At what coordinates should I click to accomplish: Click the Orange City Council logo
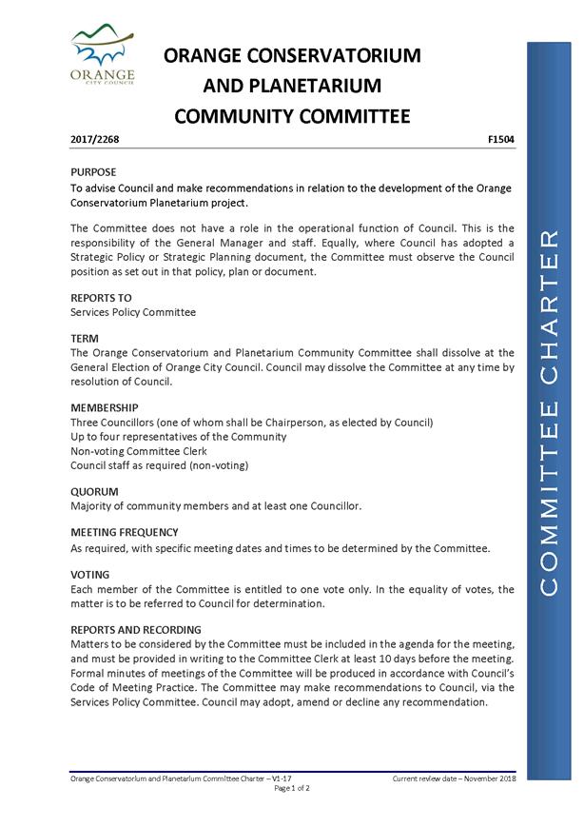(x=103, y=56)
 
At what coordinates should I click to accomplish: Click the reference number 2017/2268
(x=95, y=139)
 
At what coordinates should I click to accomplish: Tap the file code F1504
(x=500, y=139)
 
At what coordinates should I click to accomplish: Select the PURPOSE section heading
(x=93, y=172)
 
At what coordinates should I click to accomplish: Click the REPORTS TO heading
(x=101, y=298)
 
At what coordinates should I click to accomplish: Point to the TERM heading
(x=85, y=338)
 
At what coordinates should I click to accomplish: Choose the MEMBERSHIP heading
(x=105, y=407)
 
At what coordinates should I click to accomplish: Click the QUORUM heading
(x=95, y=491)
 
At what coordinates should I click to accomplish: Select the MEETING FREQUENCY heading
(x=125, y=532)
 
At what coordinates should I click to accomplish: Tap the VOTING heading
(x=90, y=575)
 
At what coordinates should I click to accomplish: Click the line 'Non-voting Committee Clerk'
(x=138, y=451)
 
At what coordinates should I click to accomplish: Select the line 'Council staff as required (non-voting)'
(x=159, y=465)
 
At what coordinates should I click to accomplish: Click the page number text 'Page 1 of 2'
(x=292, y=789)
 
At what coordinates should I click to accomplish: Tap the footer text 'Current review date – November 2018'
(x=453, y=778)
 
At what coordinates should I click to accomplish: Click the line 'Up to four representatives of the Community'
(x=178, y=437)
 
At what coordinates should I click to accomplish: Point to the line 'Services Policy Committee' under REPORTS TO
(x=133, y=312)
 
